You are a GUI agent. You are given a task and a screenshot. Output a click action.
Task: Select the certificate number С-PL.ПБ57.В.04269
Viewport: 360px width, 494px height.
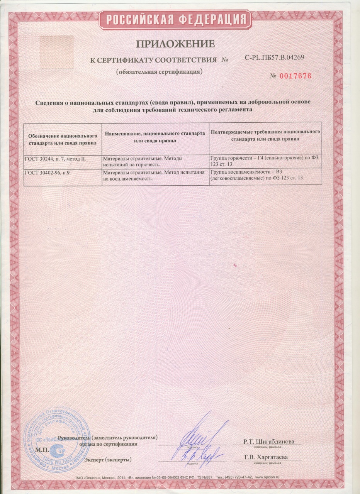(275, 58)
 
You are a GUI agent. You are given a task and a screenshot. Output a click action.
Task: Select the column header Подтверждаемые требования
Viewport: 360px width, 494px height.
(265, 135)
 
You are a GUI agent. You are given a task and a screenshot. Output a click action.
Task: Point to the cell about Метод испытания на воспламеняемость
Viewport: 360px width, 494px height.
(155, 175)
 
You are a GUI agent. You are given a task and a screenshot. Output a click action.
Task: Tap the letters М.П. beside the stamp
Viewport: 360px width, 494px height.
(41, 450)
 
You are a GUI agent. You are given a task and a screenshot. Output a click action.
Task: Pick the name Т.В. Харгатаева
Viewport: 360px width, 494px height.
(266, 458)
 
